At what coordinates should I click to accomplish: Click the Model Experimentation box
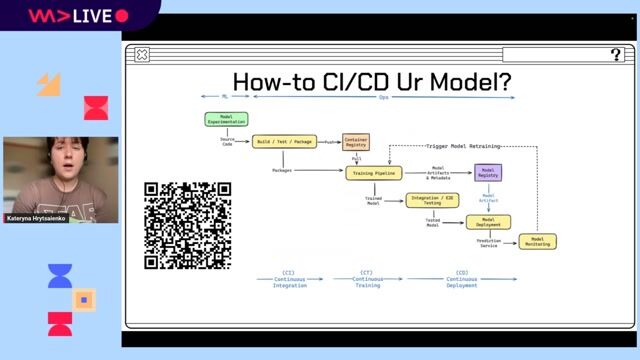click(226, 119)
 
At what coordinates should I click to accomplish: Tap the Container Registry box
click(355, 142)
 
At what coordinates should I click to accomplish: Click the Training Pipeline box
click(374, 173)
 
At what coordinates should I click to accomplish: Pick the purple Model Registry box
click(488, 172)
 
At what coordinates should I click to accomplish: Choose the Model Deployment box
click(488, 222)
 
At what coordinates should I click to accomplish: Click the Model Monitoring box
click(537, 241)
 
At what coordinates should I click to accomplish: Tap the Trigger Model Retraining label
click(470, 147)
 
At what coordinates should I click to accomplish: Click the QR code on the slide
click(188, 226)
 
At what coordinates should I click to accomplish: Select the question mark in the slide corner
click(616, 55)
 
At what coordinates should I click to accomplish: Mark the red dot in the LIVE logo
click(122, 16)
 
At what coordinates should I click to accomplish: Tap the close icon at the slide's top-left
click(142, 55)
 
